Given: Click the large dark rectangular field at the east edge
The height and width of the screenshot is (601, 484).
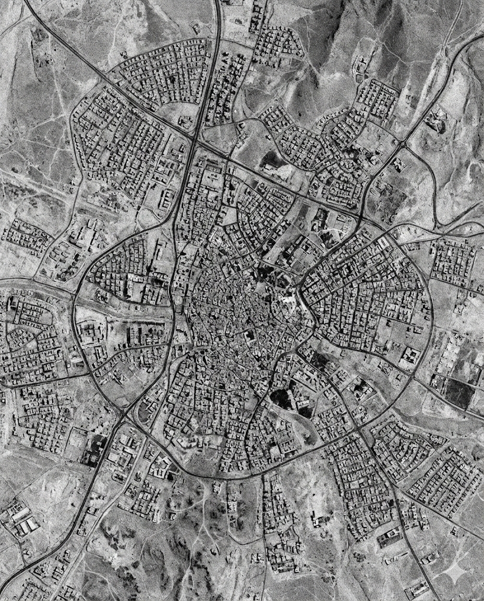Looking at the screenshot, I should click(458, 392).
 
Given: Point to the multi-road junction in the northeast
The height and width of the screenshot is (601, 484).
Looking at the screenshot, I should click(403, 143).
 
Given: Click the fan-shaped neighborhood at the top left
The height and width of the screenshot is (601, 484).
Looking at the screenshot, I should click(164, 73).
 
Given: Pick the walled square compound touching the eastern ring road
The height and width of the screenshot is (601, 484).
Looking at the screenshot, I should click(409, 356).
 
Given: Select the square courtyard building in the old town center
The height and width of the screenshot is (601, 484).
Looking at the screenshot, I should click(250, 336).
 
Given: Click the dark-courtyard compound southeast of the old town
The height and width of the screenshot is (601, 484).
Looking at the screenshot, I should click(358, 387).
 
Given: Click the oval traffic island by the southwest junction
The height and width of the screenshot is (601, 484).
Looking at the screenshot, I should click(144, 411).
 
